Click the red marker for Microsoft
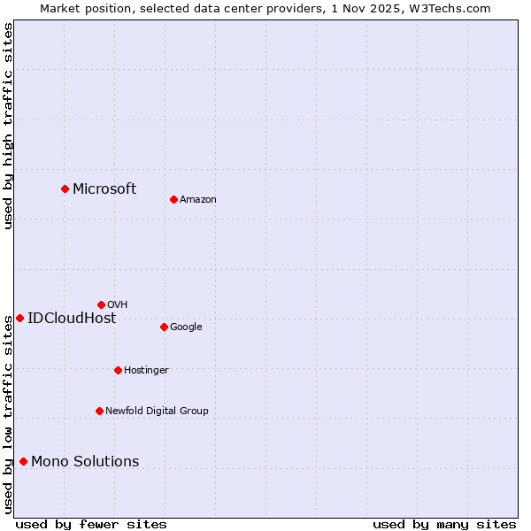tap(65, 189)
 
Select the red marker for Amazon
tap(173, 199)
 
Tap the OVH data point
tap(101, 304)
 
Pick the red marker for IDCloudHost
tap(19, 318)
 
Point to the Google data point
tap(164, 327)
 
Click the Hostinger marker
tap(118, 370)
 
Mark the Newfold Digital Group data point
tap(99, 411)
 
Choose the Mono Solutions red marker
tap(23, 461)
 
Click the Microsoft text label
tap(104, 189)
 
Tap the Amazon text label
tap(197, 200)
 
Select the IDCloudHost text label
tap(72, 319)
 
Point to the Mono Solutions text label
tap(85, 462)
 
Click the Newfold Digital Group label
tap(157, 411)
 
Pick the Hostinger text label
tap(146, 370)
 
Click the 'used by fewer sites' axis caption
tap(91, 524)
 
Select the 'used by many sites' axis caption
tap(444, 524)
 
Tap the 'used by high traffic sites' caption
tap(8, 126)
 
